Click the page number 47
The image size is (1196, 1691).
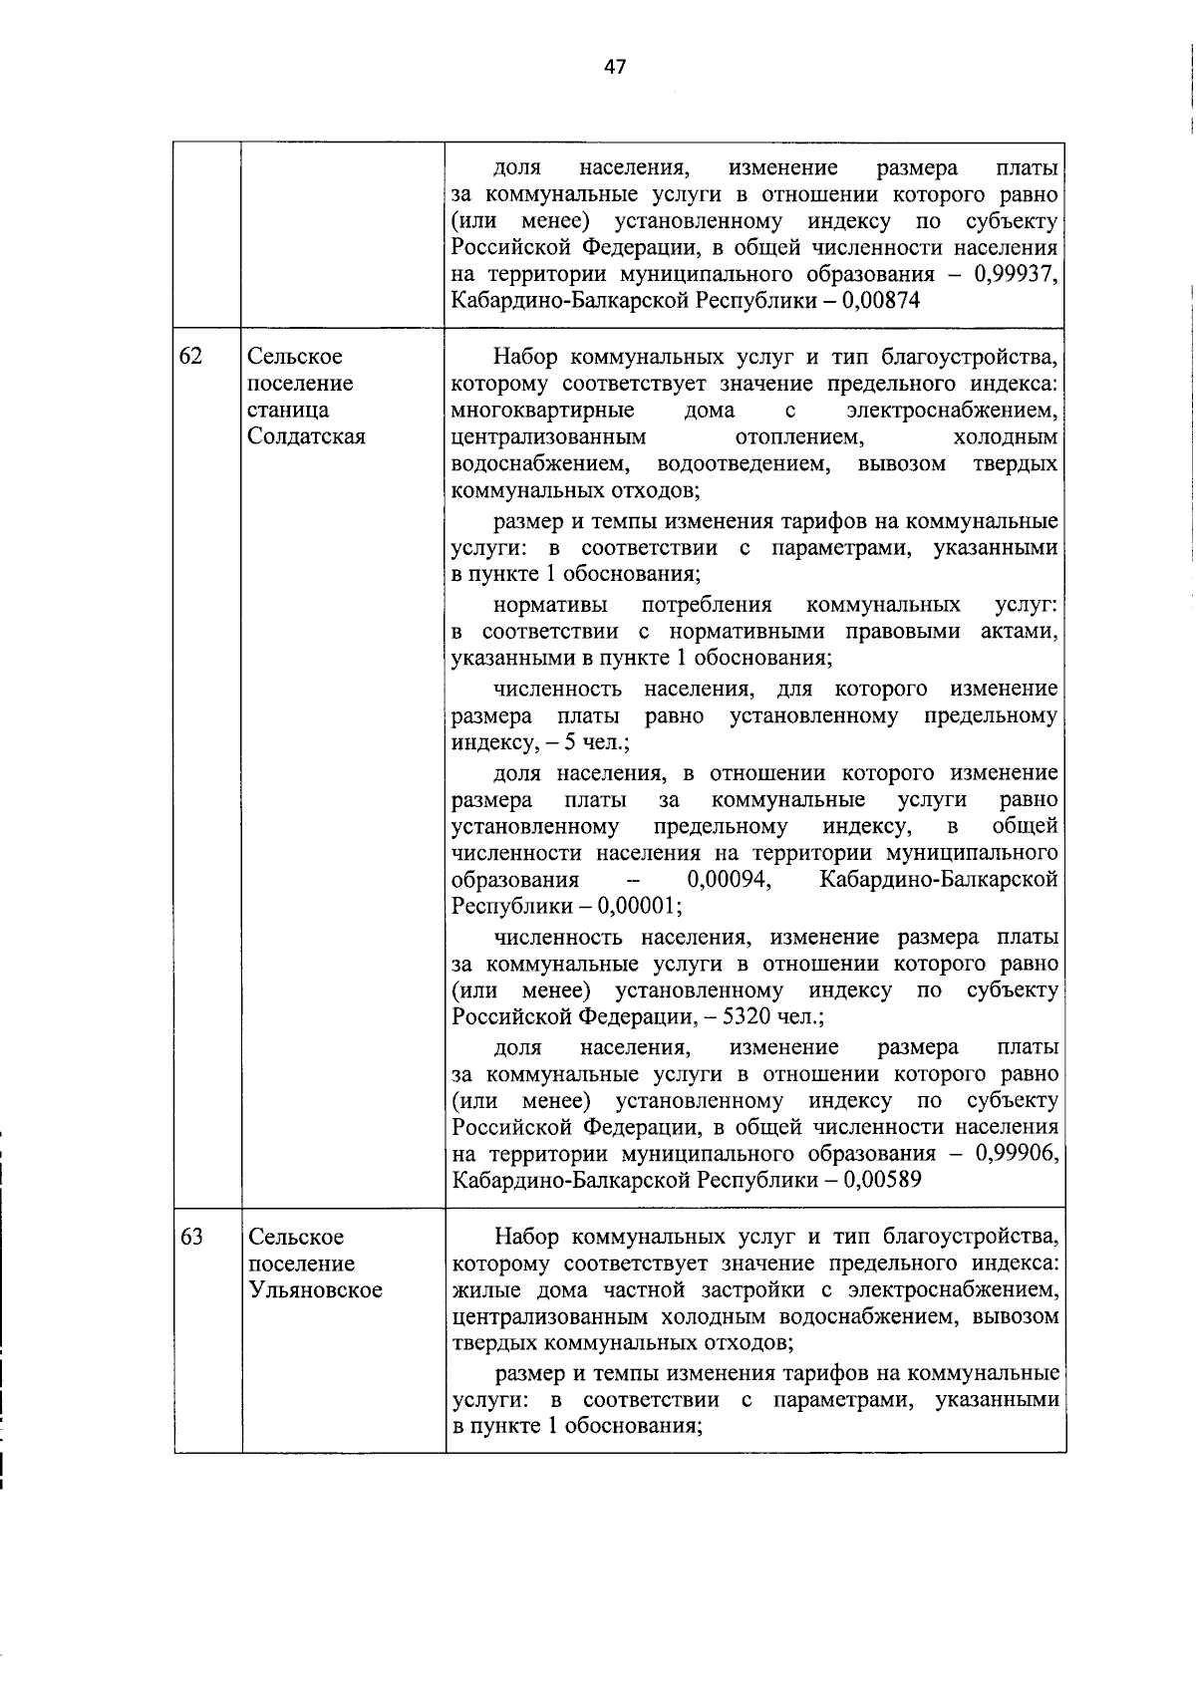coord(615,67)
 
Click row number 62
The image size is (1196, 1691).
coord(191,357)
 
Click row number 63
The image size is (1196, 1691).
coord(191,1237)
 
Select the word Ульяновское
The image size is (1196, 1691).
coord(315,1290)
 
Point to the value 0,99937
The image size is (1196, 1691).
coord(1015,274)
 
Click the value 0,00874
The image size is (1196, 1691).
coord(881,301)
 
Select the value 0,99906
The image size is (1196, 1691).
coord(1015,1154)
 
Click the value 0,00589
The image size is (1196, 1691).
coord(882,1181)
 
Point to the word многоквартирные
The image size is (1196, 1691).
coord(542,411)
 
